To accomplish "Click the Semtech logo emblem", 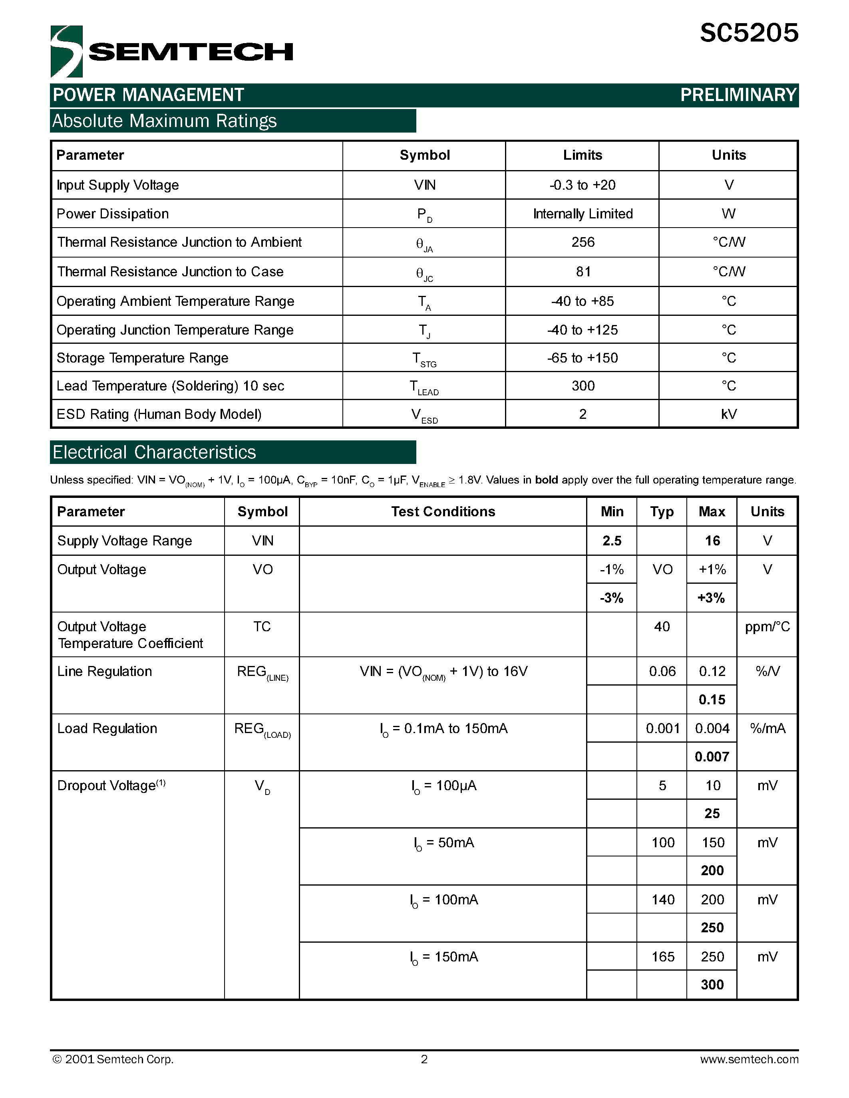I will pos(66,51).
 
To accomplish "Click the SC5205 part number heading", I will pos(748,33).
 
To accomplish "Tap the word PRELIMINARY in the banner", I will pos(738,95).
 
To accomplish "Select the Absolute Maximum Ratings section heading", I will pos(165,121).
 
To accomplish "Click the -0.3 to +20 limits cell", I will pos(583,185).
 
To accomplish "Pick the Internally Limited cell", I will pos(583,214).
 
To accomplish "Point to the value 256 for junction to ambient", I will pos(583,242).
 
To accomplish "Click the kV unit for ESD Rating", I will pos(728,414).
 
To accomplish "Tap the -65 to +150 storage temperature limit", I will pos(583,358).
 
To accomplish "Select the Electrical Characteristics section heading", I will pos(154,452).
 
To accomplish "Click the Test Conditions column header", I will pos(443,512).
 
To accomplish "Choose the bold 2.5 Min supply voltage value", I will pos(612,541).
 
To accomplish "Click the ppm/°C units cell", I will pos(767,627).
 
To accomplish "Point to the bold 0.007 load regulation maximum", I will pos(712,757).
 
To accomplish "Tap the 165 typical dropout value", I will pos(662,957).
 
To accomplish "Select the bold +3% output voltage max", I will pos(711,598).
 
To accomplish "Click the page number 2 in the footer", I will pos(424,1059).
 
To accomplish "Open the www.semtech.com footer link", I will pos(749,1059).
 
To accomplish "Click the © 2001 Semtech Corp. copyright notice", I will pos(113,1059).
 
